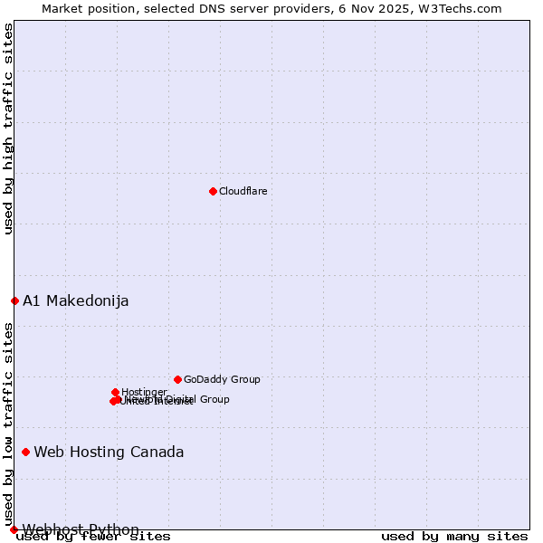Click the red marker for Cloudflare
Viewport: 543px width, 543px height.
(x=213, y=191)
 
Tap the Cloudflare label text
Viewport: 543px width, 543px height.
(x=243, y=191)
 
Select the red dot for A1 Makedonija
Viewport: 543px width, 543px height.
(x=14, y=300)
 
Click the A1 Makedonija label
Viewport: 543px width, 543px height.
(x=76, y=300)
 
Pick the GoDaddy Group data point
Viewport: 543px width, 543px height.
(x=177, y=379)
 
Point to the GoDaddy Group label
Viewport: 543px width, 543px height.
(x=222, y=379)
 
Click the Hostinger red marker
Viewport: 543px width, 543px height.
(x=115, y=392)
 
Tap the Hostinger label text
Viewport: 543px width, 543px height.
(x=144, y=392)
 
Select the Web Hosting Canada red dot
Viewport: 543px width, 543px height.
(x=25, y=452)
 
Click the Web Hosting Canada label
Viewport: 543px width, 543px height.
(x=109, y=452)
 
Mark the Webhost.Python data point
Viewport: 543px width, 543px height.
(x=14, y=529)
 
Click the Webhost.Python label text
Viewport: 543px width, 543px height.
(x=81, y=529)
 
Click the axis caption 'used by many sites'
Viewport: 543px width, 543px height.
(x=454, y=536)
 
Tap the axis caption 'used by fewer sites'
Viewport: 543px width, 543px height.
(x=93, y=536)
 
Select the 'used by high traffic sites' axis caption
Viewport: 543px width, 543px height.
(x=8, y=129)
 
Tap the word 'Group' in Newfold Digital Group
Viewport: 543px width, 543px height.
(x=214, y=399)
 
